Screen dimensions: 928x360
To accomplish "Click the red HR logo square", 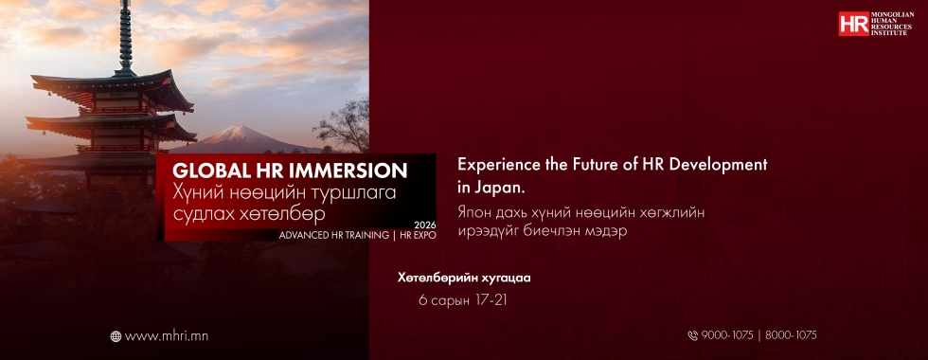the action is (x=853, y=24).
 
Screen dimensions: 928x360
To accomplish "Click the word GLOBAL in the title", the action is (x=206, y=171).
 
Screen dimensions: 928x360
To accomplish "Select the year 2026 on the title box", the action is (x=425, y=225).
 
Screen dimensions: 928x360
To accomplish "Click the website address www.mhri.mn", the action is (x=167, y=336).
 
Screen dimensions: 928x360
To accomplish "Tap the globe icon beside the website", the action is (x=116, y=336).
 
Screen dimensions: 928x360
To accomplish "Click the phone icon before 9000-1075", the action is (x=693, y=335).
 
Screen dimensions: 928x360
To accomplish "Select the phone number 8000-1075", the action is (x=791, y=335).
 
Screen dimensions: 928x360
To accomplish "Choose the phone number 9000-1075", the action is (x=727, y=335).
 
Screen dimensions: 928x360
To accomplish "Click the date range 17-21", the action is (x=491, y=301).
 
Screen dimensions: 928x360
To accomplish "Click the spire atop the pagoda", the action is (x=125, y=37).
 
